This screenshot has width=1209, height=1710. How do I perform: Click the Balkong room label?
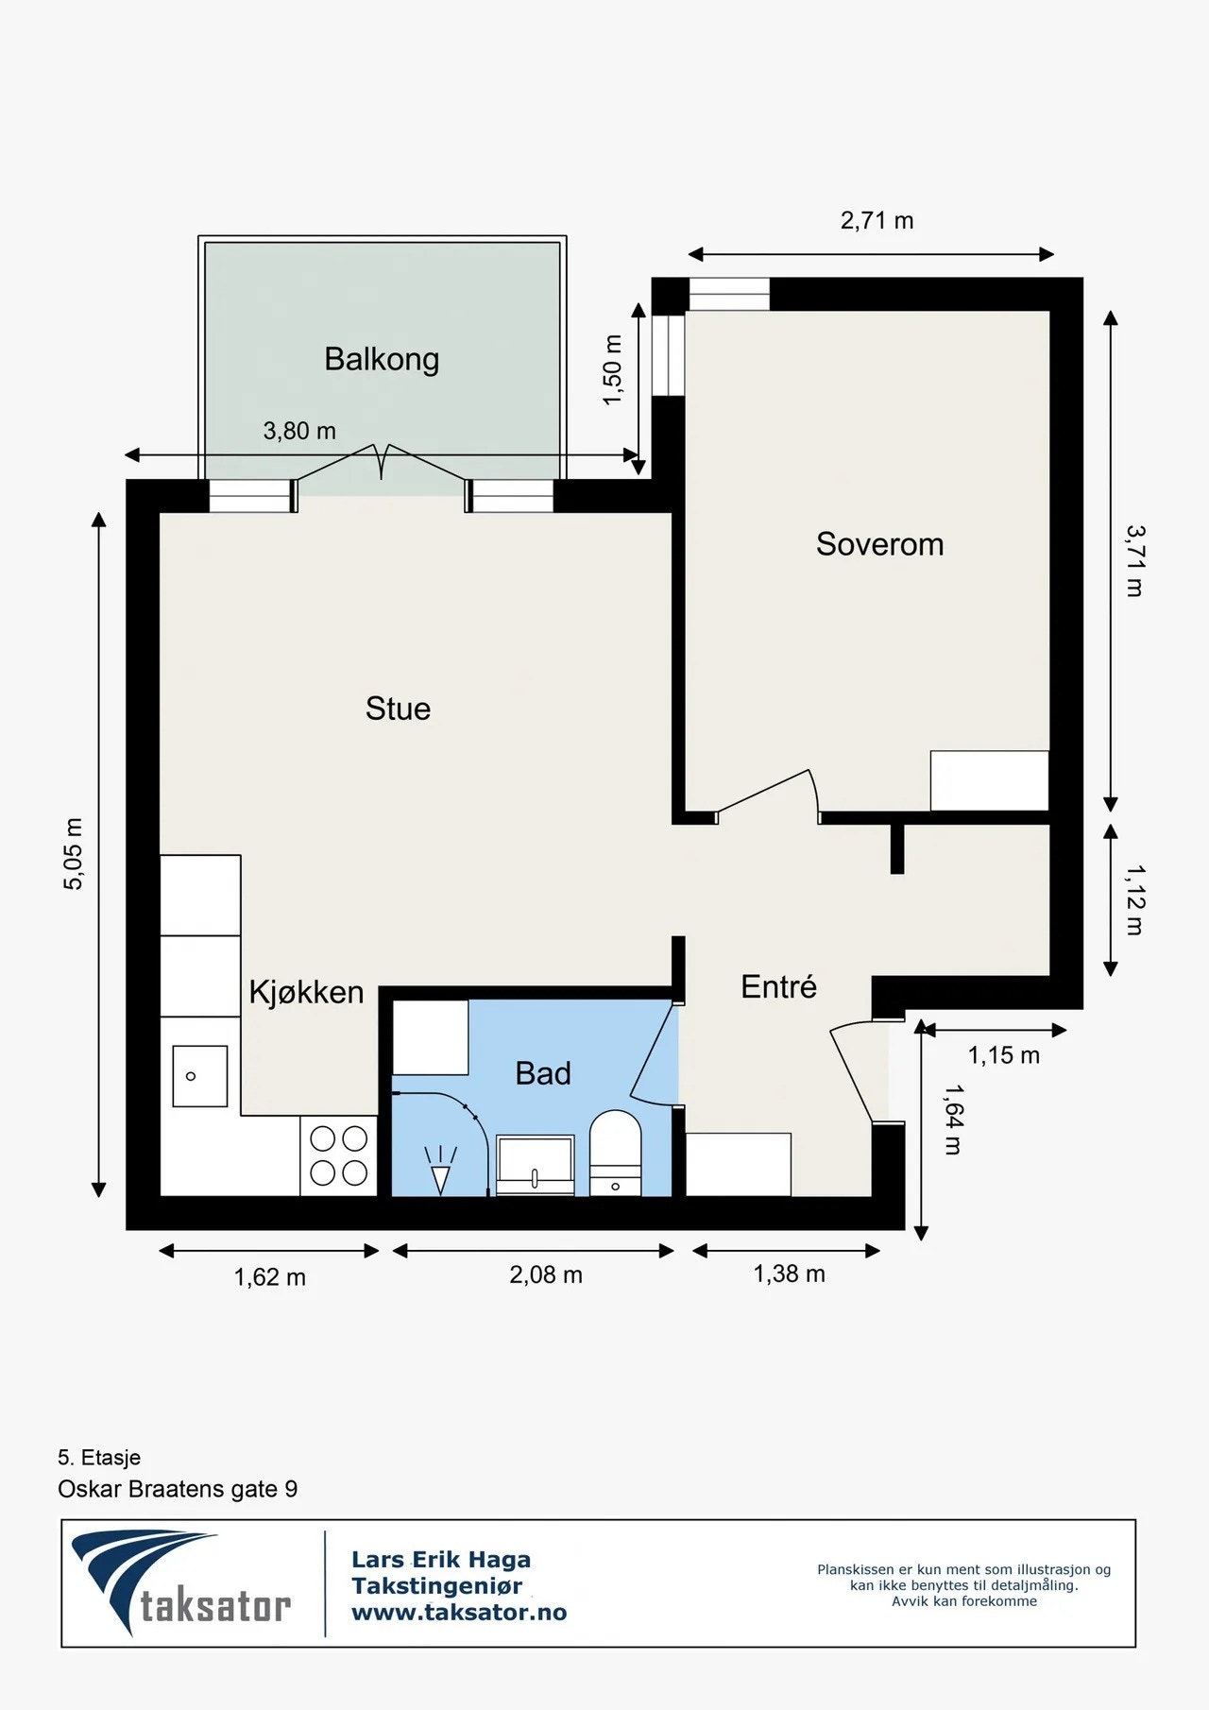pyautogui.click(x=382, y=360)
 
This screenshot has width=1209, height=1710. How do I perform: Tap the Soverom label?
pyautogui.click(x=879, y=544)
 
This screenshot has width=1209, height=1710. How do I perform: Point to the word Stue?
pyautogui.click(x=398, y=709)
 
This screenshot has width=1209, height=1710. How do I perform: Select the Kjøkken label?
pyautogui.click(x=306, y=992)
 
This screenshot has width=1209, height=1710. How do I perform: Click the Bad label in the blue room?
pyautogui.click(x=543, y=1073)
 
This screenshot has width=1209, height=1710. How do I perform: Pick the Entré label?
pyautogui.click(x=778, y=986)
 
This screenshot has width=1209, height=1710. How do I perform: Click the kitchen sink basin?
pyautogui.click(x=200, y=1076)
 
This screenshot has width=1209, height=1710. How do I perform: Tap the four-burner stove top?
pyautogui.click(x=339, y=1155)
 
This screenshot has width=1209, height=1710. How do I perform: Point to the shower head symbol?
pyautogui.click(x=440, y=1170)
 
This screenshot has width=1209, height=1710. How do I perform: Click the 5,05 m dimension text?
pyautogui.click(x=74, y=854)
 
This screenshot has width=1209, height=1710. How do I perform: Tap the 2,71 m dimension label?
pyautogui.click(x=877, y=221)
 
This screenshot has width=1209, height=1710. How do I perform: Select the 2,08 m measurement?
pyautogui.click(x=546, y=1274)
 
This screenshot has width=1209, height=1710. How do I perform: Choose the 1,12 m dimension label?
pyautogui.click(x=1134, y=899)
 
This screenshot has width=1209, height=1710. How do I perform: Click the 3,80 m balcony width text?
pyautogui.click(x=299, y=431)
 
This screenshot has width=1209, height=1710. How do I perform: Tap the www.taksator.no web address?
pyautogui.click(x=459, y=1613)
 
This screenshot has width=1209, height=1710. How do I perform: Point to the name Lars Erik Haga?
pyautogui.click(x=441, y=1560)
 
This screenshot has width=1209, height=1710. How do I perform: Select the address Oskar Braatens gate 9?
pyautogui.click(x=178, y=1489)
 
